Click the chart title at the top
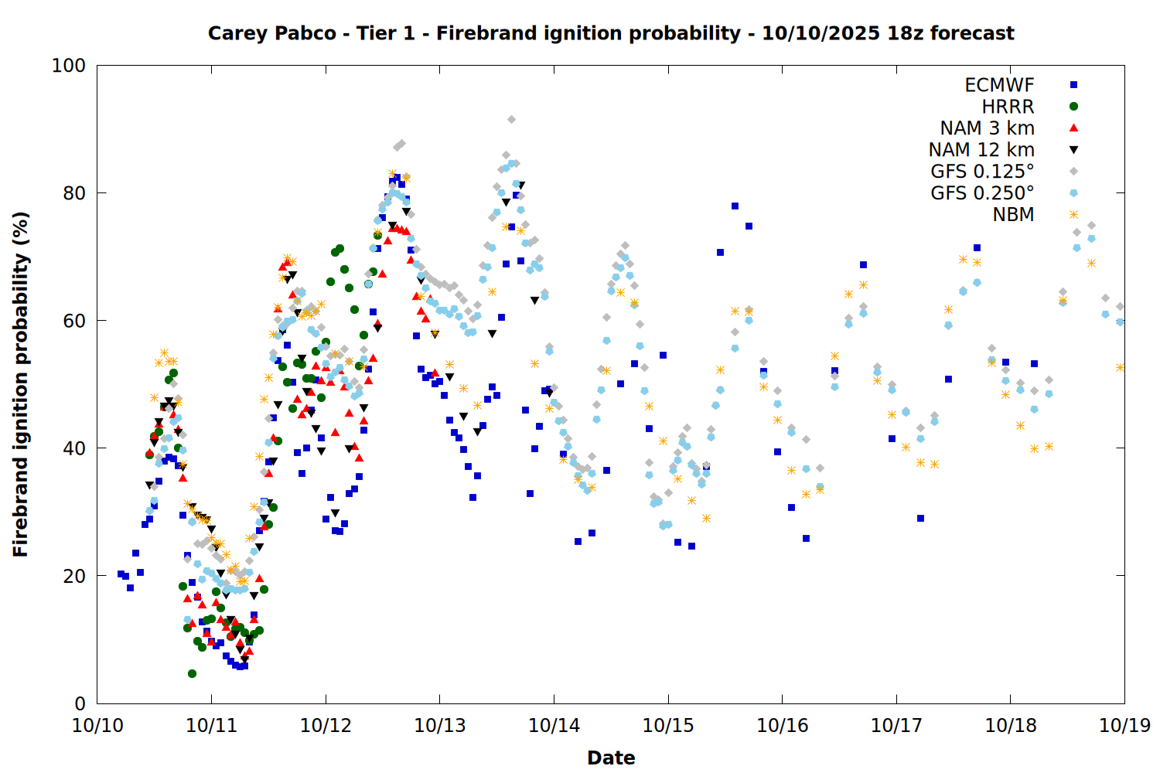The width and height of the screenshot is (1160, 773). tap(611, 33)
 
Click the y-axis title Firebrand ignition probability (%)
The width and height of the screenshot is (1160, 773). tap(21, 384)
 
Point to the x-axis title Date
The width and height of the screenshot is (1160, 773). tap(611, 758)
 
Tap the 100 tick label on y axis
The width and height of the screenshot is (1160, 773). tap(68, 66)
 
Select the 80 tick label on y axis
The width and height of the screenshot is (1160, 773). tap(73, 193)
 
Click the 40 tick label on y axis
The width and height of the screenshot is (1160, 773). tap(73, 448)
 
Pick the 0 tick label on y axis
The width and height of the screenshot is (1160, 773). tap(80, 703)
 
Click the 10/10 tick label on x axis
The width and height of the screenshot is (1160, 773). tap(97, 725)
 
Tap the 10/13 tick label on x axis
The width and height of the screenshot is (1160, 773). tap(440, 725)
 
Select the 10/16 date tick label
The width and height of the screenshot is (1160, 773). tap(783, 725)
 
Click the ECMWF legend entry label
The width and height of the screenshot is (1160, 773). tap(999, 85)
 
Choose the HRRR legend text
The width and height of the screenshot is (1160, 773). tap(1008, 107)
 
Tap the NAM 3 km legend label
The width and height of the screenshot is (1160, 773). tap(987, 128)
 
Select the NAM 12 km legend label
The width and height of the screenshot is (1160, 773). tap(981, 150)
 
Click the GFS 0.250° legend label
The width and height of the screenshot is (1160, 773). tap(982, 193)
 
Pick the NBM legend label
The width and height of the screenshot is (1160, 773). tap(1013, 215)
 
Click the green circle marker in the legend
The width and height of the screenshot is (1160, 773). tap(1073, 107)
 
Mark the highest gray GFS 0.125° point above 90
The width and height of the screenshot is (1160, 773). tap(511, 119)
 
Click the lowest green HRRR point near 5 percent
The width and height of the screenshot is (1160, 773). tap(192, 673)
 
